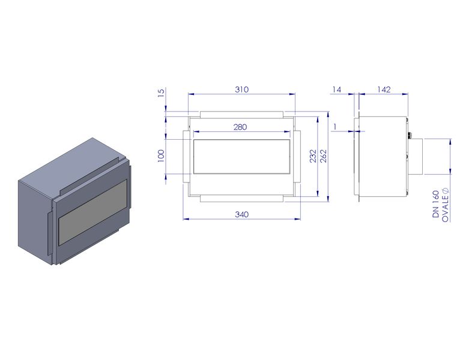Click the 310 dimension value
(241, 89)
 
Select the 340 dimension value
(241, 214)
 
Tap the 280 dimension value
(240, 127)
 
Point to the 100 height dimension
(161, 156)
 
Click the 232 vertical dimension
(313, 156)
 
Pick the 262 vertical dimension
(323, 156)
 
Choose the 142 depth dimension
(384, 89)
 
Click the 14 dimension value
(337, 89)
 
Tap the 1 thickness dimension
(335, 127)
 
